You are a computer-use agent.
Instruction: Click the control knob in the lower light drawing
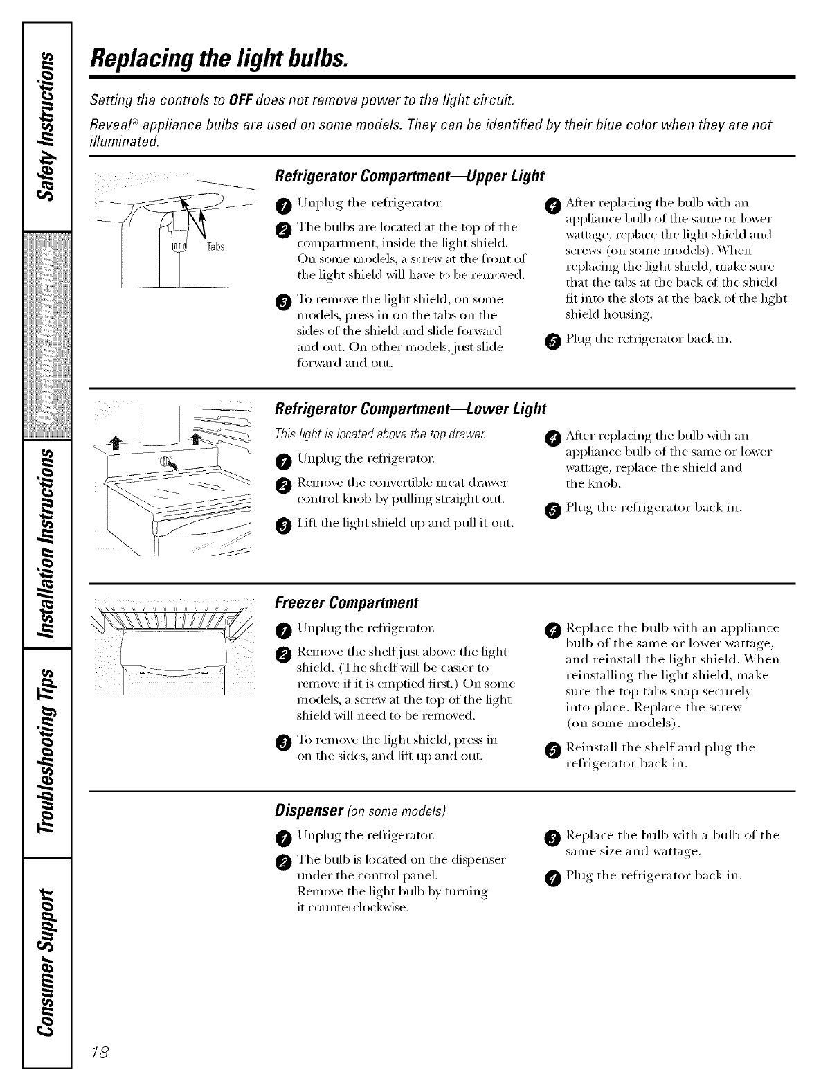point(164,462)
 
